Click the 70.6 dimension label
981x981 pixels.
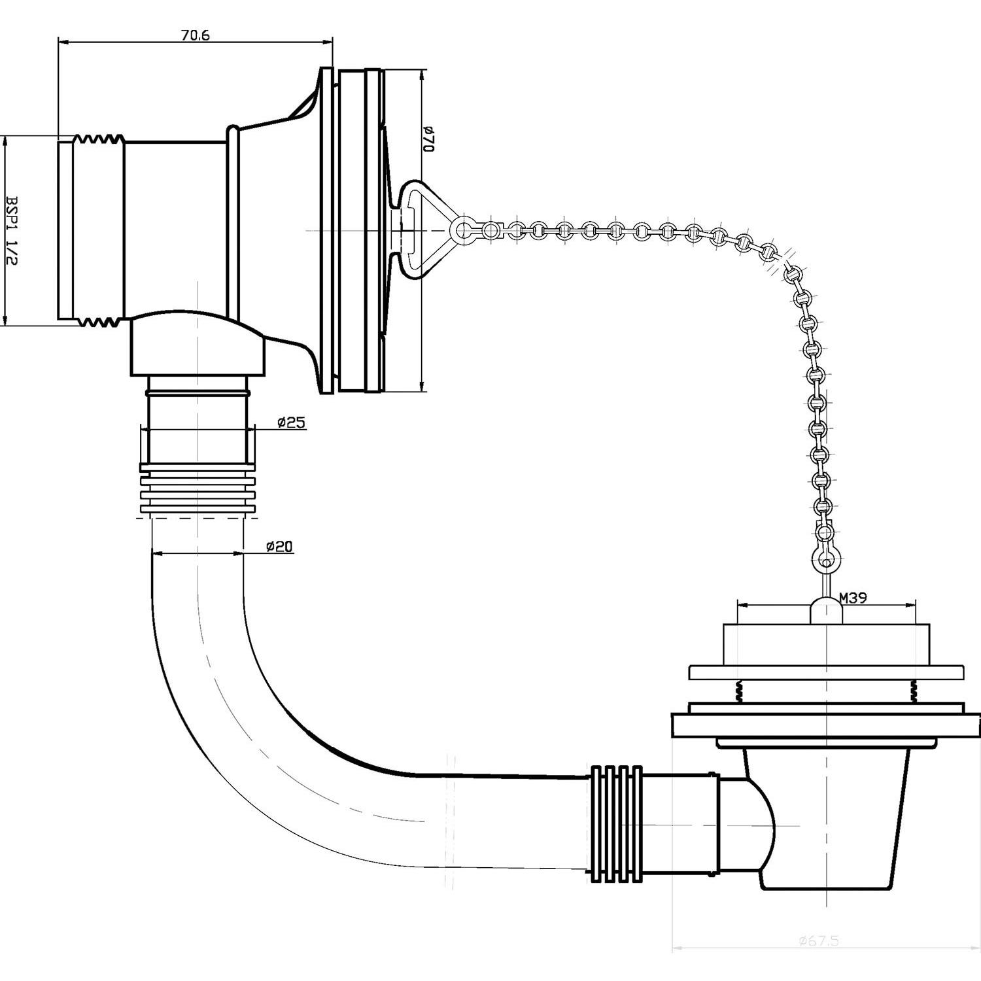[x=196, y=36]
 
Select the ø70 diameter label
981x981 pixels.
[x=428, y=139]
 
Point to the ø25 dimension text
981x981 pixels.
[x=291, y=422]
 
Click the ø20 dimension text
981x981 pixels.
[x=279, y=546]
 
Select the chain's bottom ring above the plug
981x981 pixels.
[x=827, y=560]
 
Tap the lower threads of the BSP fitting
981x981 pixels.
[x=98, y=321]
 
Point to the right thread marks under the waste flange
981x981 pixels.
[x=913, y=691]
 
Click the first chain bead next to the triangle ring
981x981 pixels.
[x=489, y=230]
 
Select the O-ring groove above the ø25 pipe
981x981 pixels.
[x=197, y=393]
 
